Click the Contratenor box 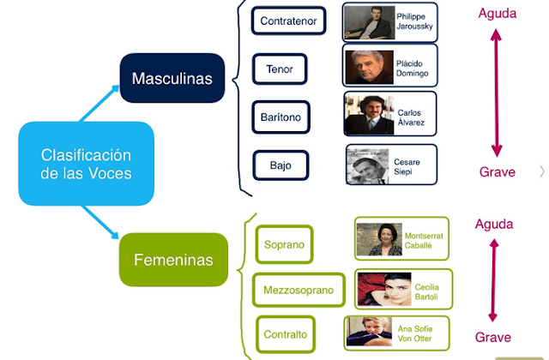coord(288,21)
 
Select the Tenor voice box coord(280,69)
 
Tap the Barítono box coord(281,117)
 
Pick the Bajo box coord(281,165)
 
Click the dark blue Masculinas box coord(172,78)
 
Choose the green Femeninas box coord(173,260)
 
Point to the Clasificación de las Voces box coord(86,164)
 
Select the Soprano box coord(284,244)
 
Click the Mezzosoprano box coord(299,290)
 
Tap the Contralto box coord(286,334)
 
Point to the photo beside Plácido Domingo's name coord(370,67)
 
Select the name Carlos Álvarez coord(411,117)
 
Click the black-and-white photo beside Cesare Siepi coord(368,166)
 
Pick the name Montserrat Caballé coord(424,241)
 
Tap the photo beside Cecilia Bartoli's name coord(384,290)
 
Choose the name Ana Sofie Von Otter coord(415,333)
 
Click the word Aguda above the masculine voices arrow coord(498,14)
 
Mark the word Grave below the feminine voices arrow coord(493,337)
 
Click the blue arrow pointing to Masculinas coord(100,103)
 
